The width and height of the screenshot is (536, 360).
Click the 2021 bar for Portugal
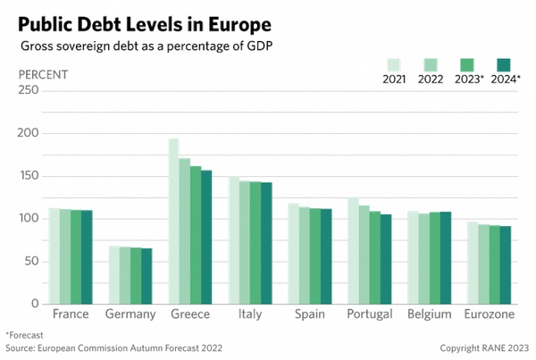coord(352,251)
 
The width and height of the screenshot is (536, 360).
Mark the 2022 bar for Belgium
coord(424,259)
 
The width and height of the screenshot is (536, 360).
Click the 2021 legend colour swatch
coord(394,64)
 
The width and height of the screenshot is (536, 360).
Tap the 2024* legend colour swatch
coord(503,64)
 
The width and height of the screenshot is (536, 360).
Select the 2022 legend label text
coord(431,79)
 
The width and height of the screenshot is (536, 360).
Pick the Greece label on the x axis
coord(189,314)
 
